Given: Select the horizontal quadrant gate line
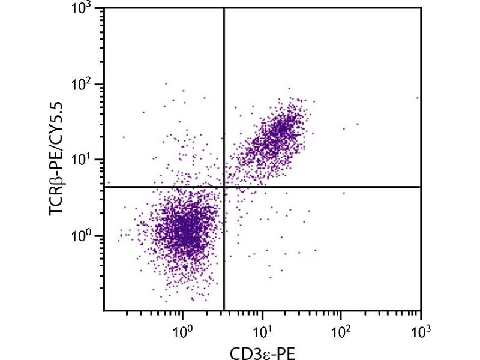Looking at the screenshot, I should point(330,187).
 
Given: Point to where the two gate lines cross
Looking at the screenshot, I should point(224,187).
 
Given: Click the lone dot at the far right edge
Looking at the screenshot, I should point(417,97).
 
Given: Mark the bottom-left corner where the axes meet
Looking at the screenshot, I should point(104,310).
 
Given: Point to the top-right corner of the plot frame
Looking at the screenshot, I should point(421,8).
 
